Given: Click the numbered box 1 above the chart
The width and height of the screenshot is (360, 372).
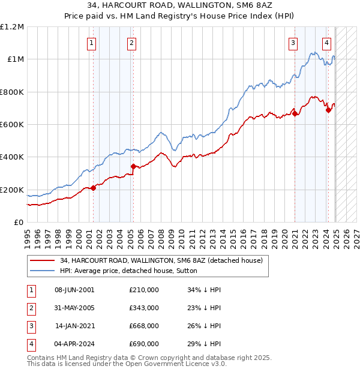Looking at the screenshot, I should [x=92, y=42].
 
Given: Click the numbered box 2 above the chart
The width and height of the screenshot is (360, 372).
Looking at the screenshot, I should [x=131, y=42].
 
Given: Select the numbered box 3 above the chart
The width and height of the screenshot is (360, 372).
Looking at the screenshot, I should [x=293, y=42].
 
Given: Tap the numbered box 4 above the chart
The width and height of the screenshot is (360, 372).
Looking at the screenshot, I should [x=326, y=42].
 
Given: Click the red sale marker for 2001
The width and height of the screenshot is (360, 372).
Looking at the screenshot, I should [x=94, y=188].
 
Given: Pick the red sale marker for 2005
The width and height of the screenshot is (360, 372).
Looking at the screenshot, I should [x=133, y=166].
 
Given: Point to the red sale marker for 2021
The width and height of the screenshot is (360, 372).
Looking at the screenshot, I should [x=295, y=113].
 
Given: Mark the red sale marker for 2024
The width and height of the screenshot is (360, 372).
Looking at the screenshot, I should [x=328, y=110].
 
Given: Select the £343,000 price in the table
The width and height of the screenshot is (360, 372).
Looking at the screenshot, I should [x=144, y=308].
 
